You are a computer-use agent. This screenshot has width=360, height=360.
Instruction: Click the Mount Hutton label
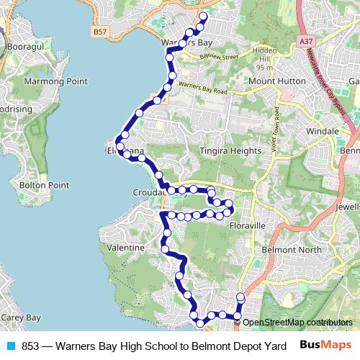277,81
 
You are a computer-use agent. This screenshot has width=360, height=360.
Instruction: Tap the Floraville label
247,225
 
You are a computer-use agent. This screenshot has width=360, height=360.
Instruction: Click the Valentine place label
125,247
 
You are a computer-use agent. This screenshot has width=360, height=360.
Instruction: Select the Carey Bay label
20,317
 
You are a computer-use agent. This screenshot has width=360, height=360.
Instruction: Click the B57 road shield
100,32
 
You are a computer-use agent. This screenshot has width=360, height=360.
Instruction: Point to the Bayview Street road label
219,56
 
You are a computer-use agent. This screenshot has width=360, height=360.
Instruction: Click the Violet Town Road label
277,124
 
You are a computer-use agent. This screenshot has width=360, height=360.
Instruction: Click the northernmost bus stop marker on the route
202,17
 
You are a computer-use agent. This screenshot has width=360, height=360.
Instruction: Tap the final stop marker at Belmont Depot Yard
240,297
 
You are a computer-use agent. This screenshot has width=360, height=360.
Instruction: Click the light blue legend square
11,346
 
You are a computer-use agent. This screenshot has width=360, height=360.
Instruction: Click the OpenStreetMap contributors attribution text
297,322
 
